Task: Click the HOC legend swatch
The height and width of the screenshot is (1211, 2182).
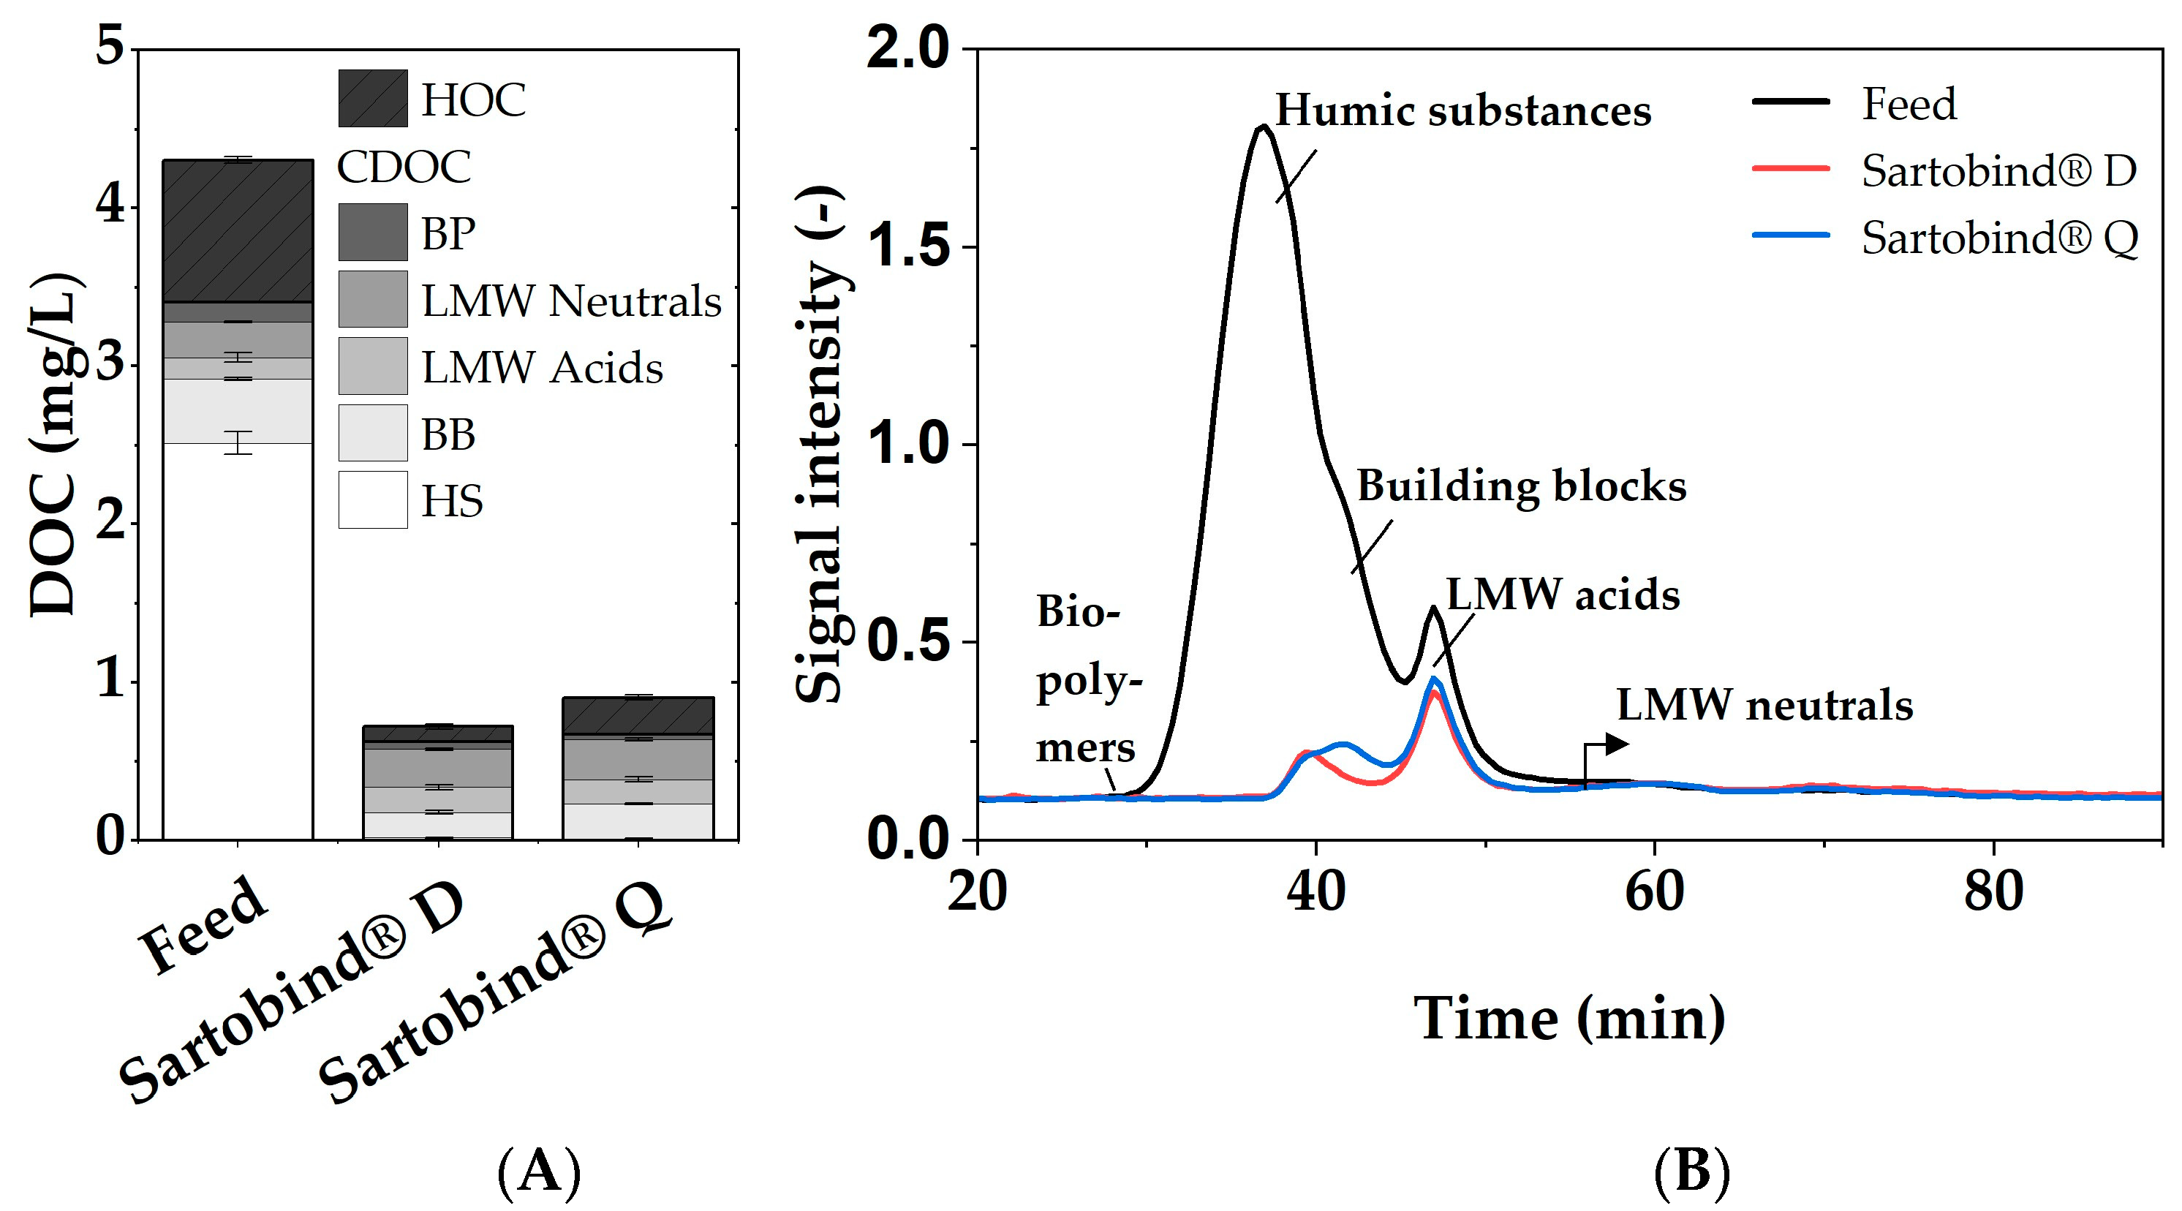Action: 373,98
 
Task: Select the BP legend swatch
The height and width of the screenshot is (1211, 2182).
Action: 373,232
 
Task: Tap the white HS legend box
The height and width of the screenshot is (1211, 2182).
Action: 373,499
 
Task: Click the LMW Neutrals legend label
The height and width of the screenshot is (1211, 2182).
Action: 571,301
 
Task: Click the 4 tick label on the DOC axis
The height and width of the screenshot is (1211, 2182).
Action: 111,205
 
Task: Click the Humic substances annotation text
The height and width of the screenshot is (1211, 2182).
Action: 1463,111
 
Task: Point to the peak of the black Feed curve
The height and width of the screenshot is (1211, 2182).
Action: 1263,127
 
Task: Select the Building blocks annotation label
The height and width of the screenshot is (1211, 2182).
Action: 1521,486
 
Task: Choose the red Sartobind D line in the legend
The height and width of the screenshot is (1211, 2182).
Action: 1791,168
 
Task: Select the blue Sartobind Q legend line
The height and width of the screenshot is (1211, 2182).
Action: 1791,235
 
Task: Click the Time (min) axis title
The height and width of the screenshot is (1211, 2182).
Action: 1568,1017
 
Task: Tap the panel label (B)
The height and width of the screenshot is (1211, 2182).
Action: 1691,1173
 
